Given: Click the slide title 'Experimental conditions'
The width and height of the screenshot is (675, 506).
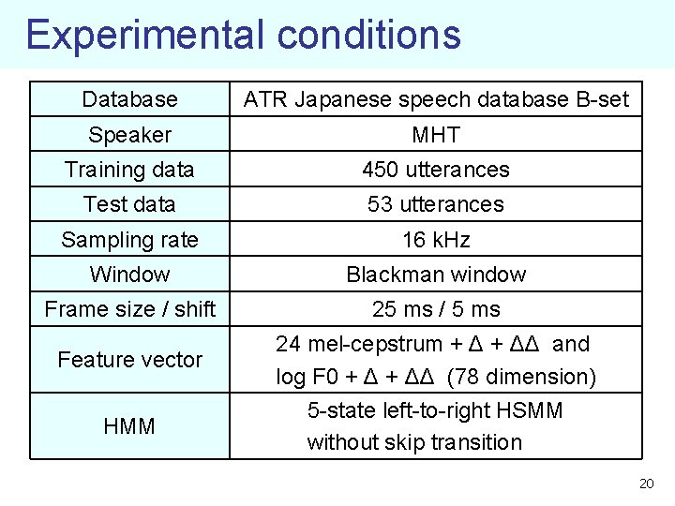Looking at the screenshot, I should click(x=243, y=34).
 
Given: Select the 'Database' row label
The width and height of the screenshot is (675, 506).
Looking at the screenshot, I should click(x=129, y=99).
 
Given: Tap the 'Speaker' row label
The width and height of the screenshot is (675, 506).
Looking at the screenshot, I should click(x=129, y=135).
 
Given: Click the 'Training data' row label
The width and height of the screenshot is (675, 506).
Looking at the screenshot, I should click(x=129, y=170).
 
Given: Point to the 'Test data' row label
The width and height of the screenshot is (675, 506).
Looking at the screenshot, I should click(x=129, y=204).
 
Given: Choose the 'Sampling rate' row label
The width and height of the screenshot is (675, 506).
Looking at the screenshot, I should click(x=129, y=240).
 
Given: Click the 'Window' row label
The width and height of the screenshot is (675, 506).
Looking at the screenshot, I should click(x=129, y=275).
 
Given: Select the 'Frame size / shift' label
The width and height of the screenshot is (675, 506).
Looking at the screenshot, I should click(x=129, y=309).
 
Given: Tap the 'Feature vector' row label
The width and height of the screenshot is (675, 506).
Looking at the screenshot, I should click(x=129, y=360).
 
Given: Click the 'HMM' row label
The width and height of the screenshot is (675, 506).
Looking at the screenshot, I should click(x=129, y=426).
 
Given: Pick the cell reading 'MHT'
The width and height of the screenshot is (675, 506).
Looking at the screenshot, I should click(x=436, y=135).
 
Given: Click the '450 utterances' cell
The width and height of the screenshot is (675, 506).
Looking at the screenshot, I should click(x=436, y=170).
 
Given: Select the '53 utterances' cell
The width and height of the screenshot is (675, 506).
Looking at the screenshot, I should click(x=436, y=204).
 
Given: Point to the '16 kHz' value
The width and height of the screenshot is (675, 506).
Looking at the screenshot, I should click(x=436, y=240).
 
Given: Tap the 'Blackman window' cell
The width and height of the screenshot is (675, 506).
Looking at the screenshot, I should click(x=436, y=275).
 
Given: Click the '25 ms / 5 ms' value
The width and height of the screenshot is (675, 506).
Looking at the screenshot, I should click(x=436, y=309).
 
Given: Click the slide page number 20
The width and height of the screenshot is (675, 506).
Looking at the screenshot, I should click(x=645, y=484).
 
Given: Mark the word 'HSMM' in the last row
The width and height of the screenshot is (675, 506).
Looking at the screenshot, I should click(x=532, y=410).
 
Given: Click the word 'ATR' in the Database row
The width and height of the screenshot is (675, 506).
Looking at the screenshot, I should click(x=265, y=99).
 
